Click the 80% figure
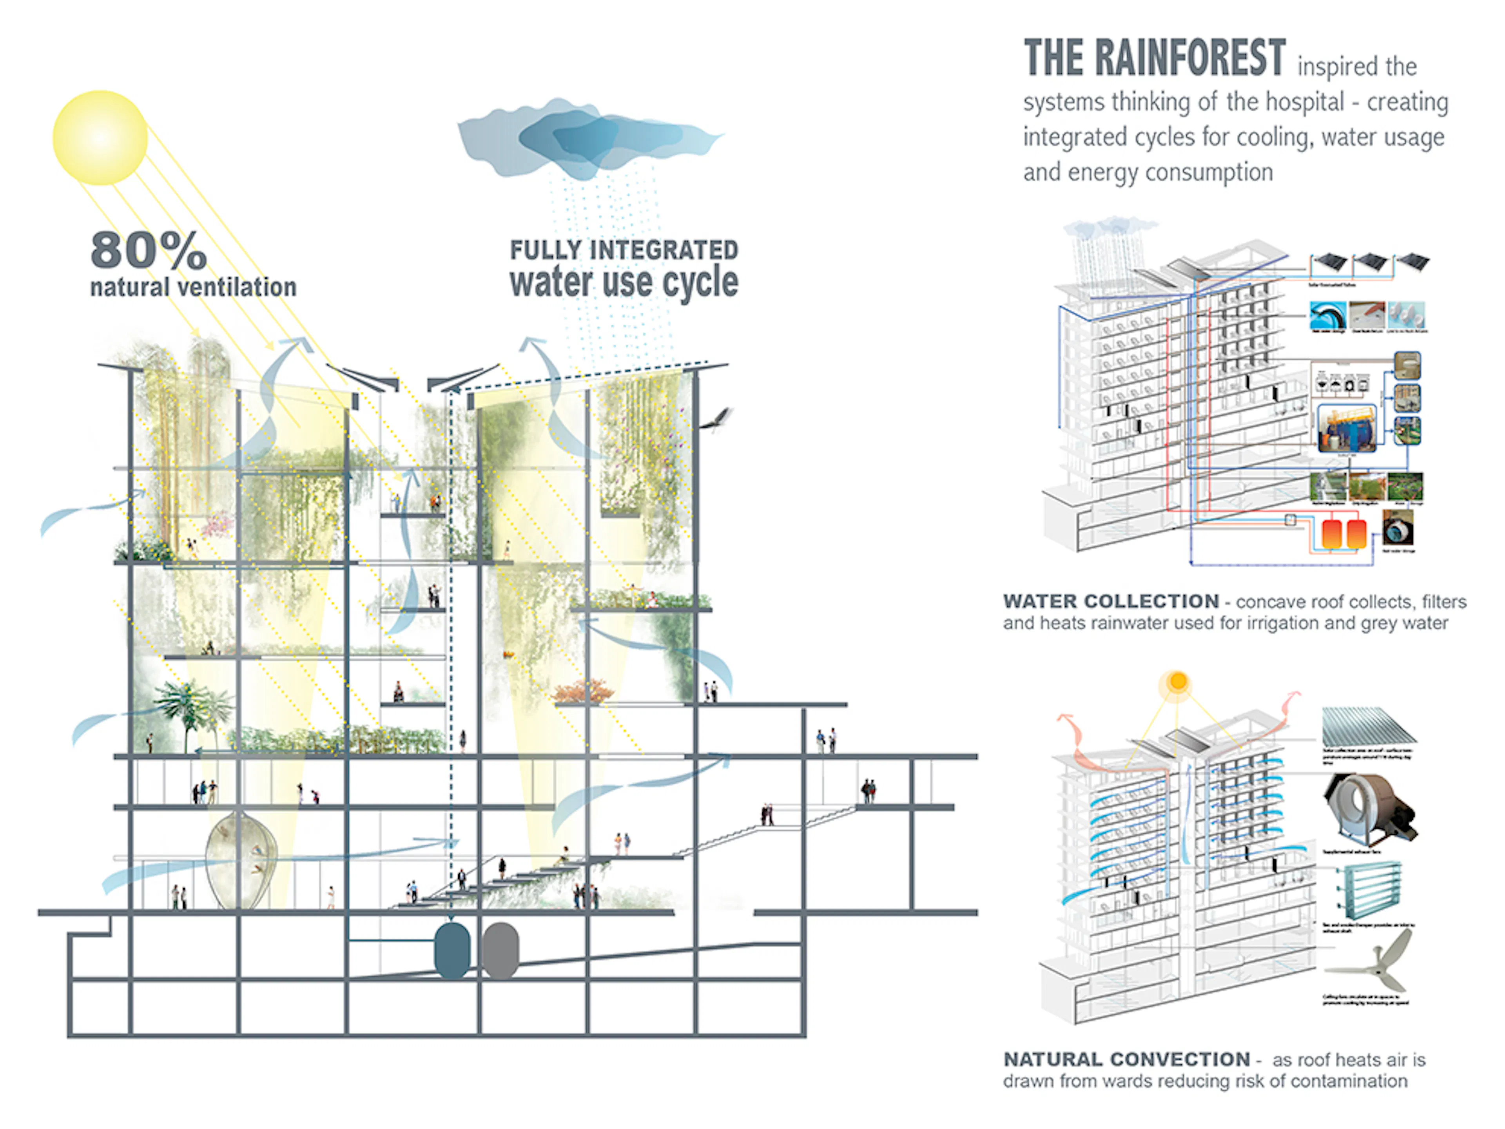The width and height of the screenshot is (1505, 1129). pos(148,250)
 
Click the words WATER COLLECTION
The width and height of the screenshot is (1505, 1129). pos(1110,602)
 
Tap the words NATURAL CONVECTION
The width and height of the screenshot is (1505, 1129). pos(1126,1060)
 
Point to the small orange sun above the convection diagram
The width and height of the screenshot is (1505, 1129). pos(1178,681)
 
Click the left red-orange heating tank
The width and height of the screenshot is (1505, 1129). pos(1331,534)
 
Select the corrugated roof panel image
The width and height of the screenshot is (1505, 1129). pos(1367,726)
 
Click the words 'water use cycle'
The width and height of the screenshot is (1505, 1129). pos(623,282)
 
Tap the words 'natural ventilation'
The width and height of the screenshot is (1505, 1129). pos(193,287)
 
